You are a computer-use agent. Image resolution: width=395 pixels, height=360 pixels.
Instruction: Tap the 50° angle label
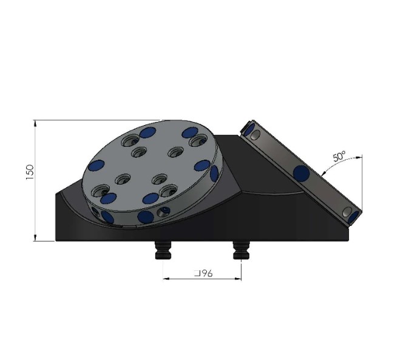(x=340, y=157)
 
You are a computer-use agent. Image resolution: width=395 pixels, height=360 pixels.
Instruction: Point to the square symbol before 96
(x=197, y=274)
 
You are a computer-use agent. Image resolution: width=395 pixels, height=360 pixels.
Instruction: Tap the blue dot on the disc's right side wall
(x=214, y=174)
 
